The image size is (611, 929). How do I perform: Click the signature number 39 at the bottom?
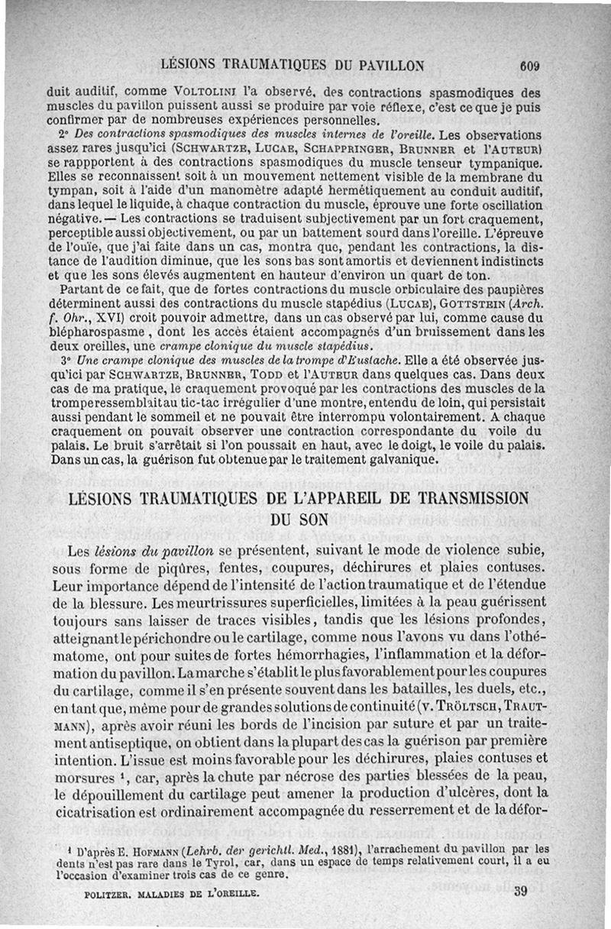coord(522,890)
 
